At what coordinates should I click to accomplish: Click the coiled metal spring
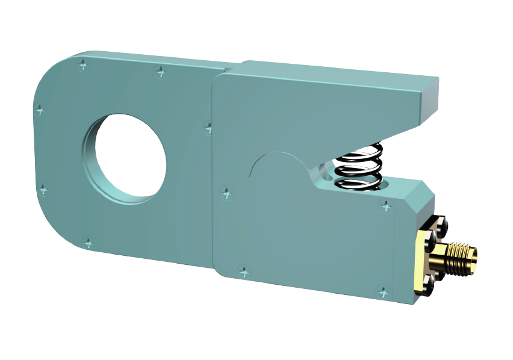359,167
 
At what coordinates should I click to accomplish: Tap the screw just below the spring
386,206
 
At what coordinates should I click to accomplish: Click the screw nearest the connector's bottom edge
382,293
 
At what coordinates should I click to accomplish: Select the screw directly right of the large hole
208,127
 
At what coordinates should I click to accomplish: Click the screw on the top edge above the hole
160,72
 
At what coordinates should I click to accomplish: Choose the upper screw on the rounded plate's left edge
40,110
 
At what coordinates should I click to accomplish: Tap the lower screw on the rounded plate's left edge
43,190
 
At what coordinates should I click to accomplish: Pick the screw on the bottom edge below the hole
89,243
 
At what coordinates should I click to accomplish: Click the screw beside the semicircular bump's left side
226,193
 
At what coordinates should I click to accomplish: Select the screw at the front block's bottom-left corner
243,272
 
